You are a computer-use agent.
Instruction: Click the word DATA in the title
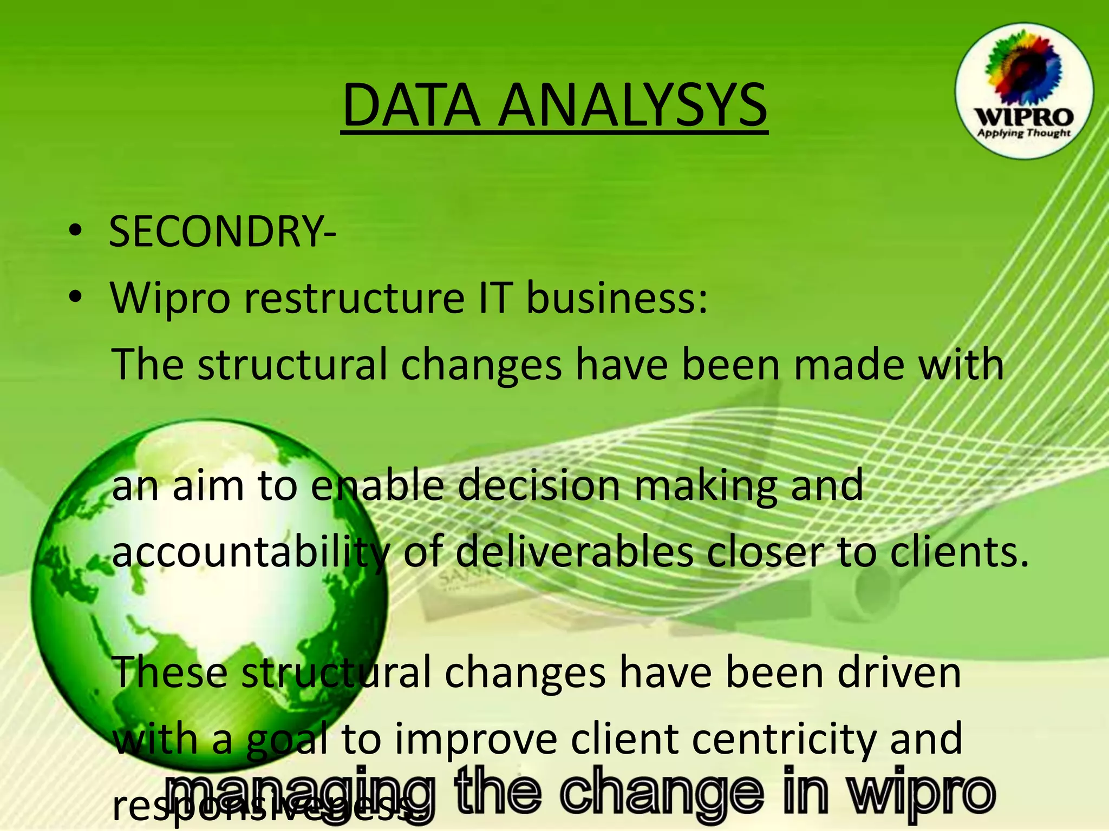[412, 105]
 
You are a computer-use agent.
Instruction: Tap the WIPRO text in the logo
[1023, 117]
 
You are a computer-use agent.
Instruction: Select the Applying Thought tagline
[1023, 133]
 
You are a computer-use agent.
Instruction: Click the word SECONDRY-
[223, 232]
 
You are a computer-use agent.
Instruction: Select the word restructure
[354, 299]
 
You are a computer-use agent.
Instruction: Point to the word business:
[617, 299]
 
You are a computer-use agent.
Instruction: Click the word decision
[538, 486]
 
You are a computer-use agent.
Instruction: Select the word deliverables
[574, 553]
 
